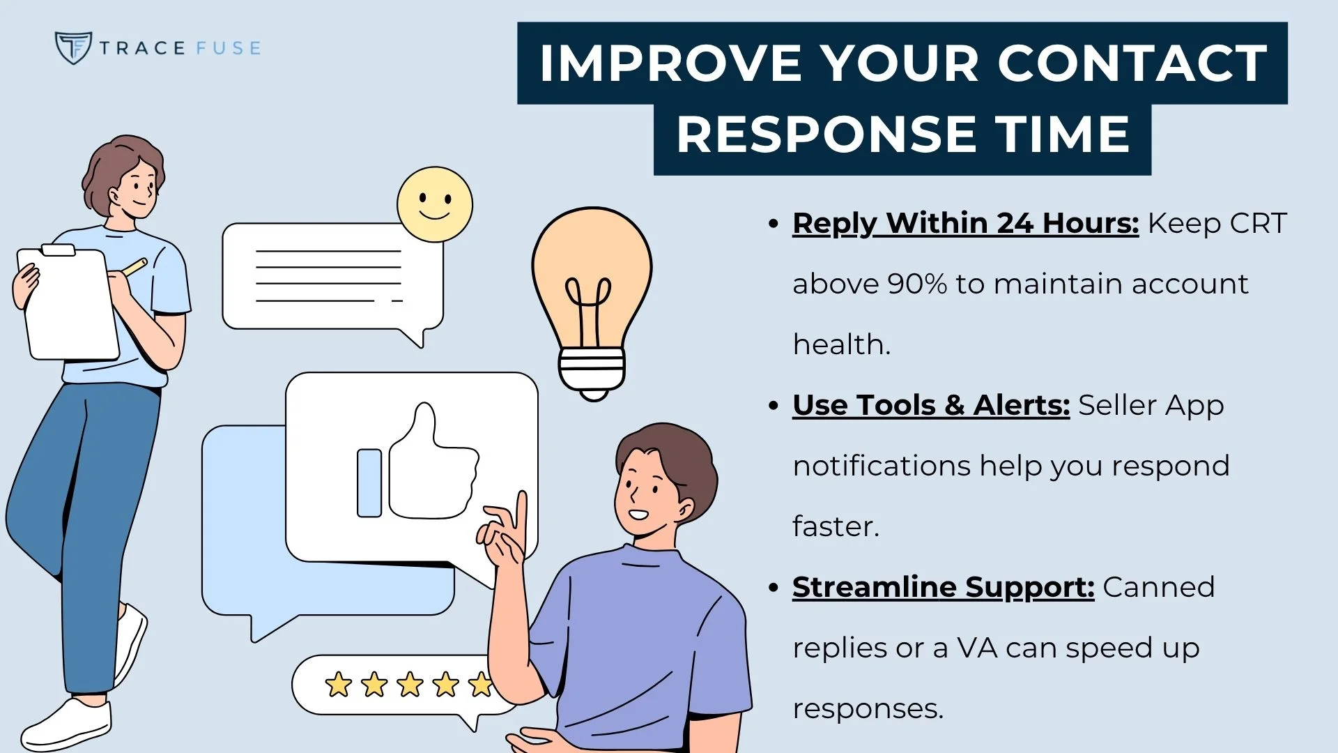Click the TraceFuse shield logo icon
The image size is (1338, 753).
(72, 47)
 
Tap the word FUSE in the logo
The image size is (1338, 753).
(228, 48)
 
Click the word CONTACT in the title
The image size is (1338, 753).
(1132, 63)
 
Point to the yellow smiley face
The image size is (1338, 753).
(435, 204)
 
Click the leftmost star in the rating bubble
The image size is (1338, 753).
(339, 685)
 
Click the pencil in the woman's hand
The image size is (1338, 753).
(134, 267)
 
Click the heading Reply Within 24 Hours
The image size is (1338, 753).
(965, 223)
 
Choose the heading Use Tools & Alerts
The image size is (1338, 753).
(930, 405)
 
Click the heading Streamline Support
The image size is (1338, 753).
(943, 587)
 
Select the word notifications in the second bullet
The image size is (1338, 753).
(882, 466)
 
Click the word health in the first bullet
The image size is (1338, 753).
(841, 344)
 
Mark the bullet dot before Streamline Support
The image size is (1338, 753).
(773, 588)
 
